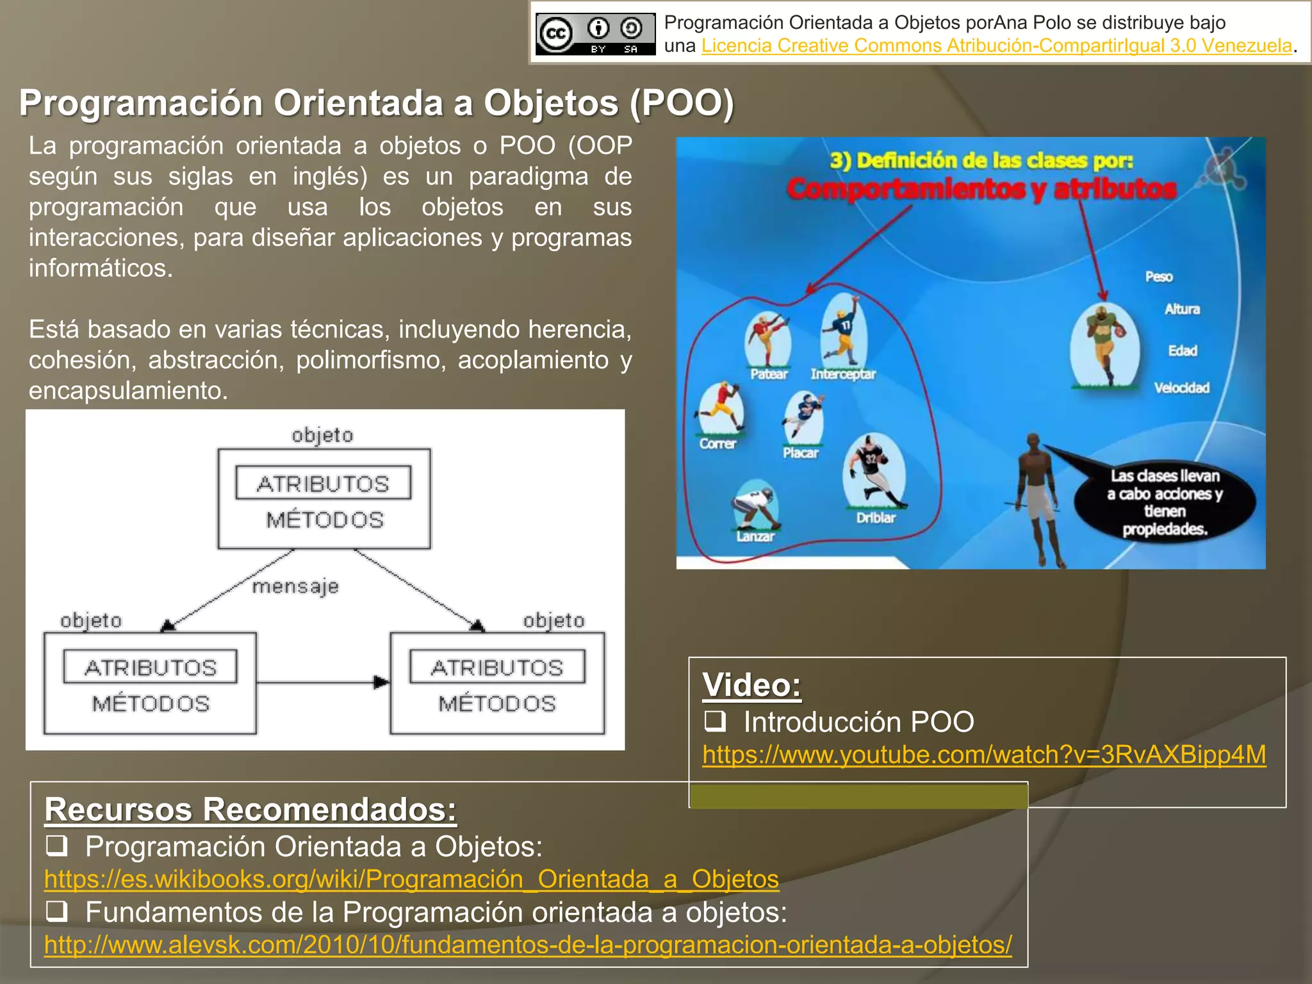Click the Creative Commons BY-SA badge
(595, 34)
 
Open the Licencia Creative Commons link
(996, 46)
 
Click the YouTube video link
(984, 755)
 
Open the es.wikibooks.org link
(411, 879)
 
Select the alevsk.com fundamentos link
(528, 944)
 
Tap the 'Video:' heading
(751, 685)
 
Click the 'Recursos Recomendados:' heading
(250, 809)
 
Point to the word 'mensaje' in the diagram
(295, 586)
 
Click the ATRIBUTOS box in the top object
(324, 483)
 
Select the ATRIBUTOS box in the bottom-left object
(151, 667)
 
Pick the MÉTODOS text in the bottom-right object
(497, 703)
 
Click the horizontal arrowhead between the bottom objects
(381, 682)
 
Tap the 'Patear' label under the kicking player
(769, 374)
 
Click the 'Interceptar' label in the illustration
(843, 374)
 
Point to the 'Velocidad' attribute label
(1182, 388)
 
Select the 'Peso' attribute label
(1159, 277)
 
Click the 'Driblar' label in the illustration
(876, 518)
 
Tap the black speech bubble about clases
(1165, 502)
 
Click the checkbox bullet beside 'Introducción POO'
(715, 721)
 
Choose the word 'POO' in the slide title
(683, 102)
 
